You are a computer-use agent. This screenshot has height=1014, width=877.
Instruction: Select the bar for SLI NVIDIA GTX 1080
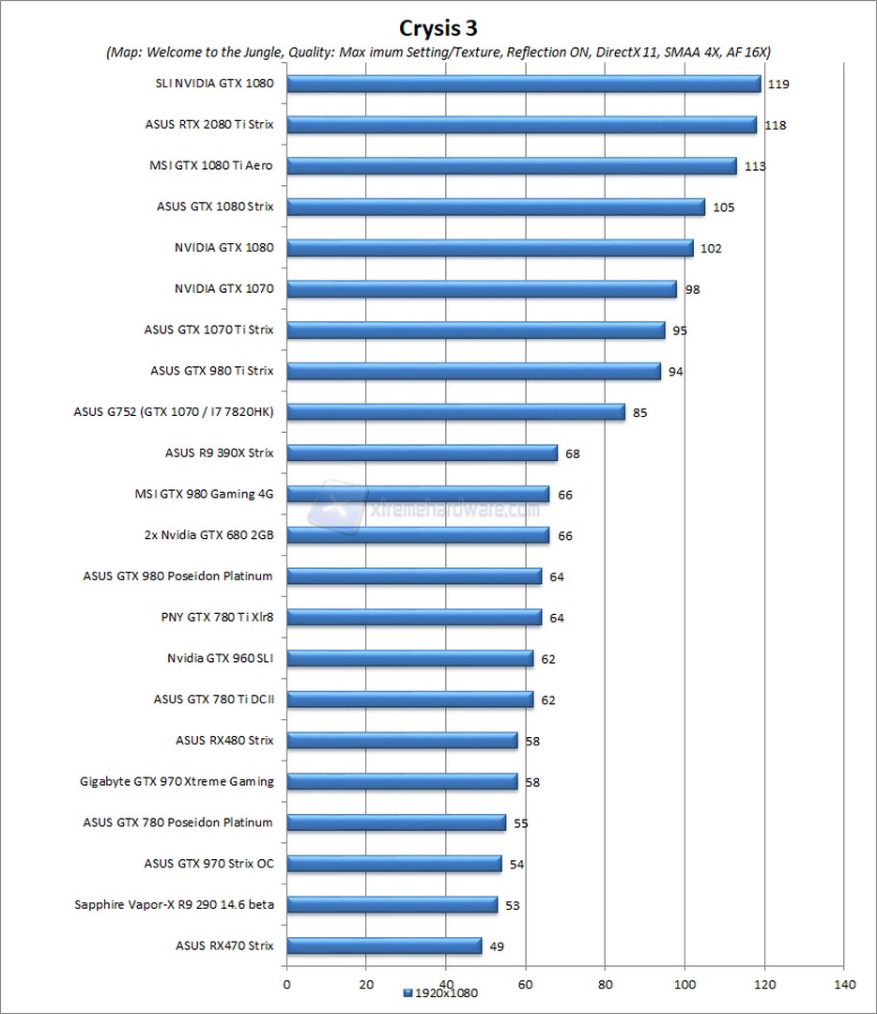pyautogui.click(x=523, y=84)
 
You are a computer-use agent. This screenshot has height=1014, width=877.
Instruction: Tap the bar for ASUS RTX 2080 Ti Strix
pyautogui.click(x=521, y=125)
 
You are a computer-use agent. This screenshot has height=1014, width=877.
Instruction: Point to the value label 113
pyautogui.click(x=755, y=166)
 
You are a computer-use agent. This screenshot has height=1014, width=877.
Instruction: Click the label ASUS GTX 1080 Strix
pyautogui.click(x=215, y=207)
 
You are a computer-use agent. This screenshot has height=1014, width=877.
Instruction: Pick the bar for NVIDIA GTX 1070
pyautogui.click(x=481, y=289)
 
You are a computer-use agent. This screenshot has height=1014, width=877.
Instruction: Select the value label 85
pyautogui.click(x=639, y=412)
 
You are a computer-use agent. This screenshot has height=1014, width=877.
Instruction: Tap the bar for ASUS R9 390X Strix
pyautogui.click(x=422, y=453)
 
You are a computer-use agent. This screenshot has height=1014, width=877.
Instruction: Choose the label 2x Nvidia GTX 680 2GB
pyautogui.click(x=206, y=535)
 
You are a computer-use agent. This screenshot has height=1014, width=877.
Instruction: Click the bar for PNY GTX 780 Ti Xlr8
pyautogui.click(x=413, y=617)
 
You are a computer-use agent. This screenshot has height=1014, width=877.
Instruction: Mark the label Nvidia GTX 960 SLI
pyautogui.click(x=220, y=658)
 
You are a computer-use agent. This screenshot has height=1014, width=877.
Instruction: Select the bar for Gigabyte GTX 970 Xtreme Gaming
pyautogui.click(x=402, y=781)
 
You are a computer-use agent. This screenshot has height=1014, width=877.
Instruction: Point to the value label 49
pyautogui.click(x=497, y=946)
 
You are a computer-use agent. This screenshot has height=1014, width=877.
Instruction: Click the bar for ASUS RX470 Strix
pyautogui.click(x=383, y=945)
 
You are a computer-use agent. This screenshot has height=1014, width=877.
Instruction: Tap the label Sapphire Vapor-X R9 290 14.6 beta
pyautogui.click(x=174, y=904)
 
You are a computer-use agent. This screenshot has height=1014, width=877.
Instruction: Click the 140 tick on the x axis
pyautogui.click(x=843, y=984)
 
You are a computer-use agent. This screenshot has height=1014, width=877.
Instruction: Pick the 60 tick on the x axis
pyautogui.click(x=526, y=984)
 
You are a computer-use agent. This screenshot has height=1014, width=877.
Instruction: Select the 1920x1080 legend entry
pyautogui.click(x=442, y=993)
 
